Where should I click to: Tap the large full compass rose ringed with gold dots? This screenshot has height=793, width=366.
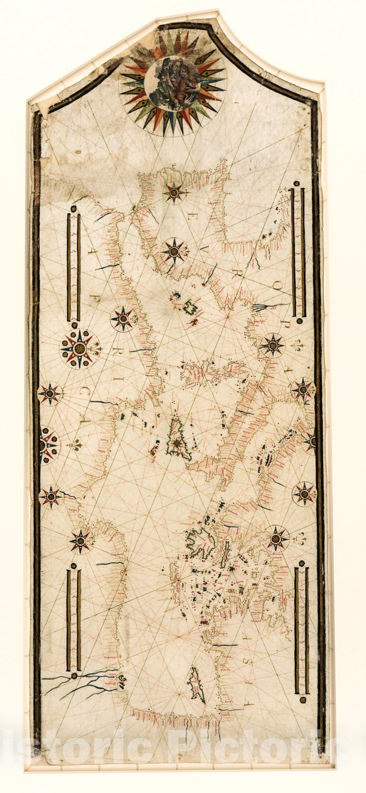79,349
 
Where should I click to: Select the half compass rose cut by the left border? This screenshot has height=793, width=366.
46,445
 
